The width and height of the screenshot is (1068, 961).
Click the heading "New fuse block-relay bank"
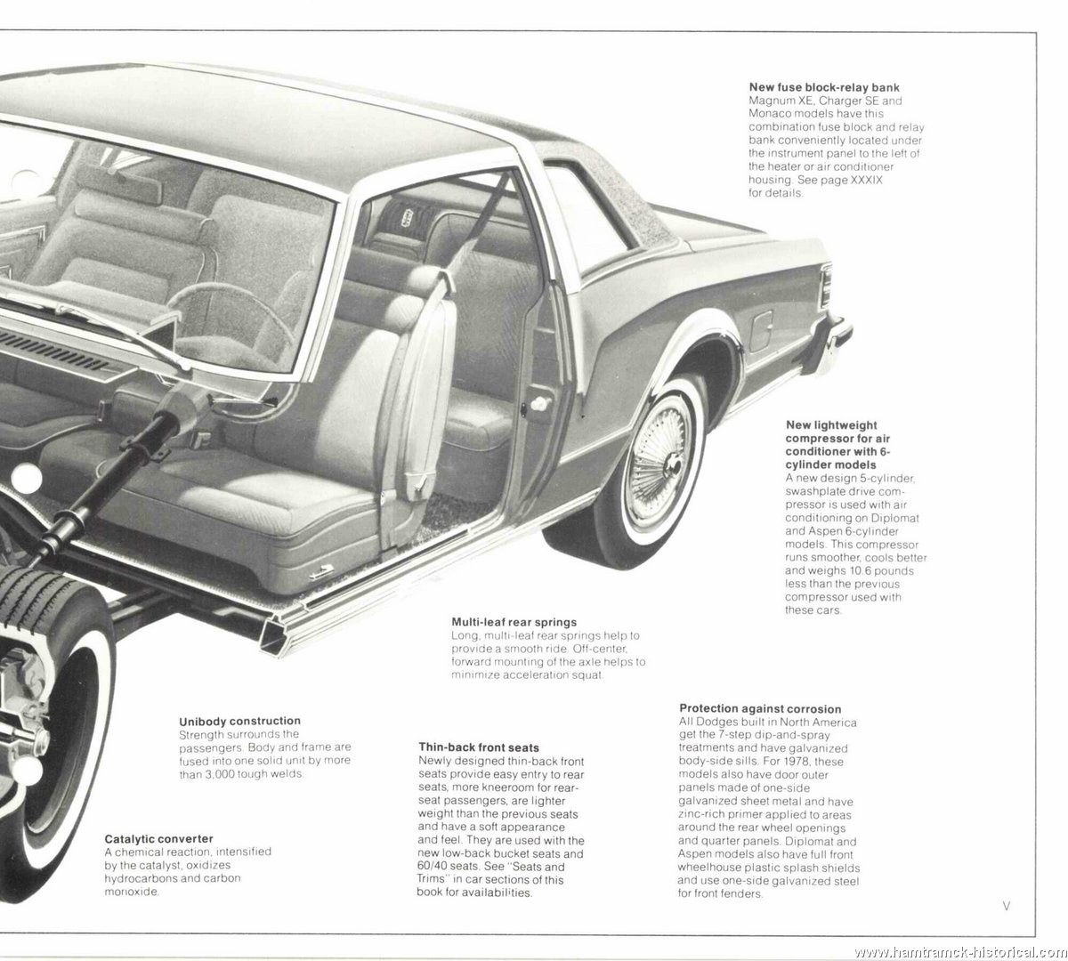[x=824, y=87]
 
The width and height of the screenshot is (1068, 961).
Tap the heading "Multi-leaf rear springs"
[x=514, y=622]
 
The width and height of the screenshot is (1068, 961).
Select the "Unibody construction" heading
[x=239, y=721]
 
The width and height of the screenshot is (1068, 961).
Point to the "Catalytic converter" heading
[x=158, y=838]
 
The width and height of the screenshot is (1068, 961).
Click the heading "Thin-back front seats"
[x=479, y=747]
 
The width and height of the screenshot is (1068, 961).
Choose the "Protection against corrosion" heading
[x=760, y=708]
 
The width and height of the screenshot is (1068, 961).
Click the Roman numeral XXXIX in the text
[x=866, y=180]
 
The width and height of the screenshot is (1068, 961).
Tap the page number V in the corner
[x=1007, y=906]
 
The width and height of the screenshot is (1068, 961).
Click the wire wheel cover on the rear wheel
[x=659, y=462]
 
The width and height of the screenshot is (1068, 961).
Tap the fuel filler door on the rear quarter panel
[x=760, y=331]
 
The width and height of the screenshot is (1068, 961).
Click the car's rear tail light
[x=826, y=286]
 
